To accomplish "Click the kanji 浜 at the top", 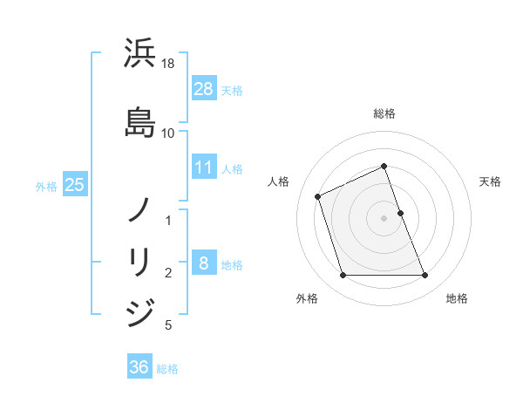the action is (x=139, y=53).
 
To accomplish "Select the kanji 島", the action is (x=139, y=120).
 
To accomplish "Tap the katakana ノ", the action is (x=139, y=209).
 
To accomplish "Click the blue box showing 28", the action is (x=203, y=89).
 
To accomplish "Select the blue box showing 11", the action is (x=203, y=167).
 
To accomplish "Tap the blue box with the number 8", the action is (x=203, y=263).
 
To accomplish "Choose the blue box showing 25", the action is (x=74, y=185).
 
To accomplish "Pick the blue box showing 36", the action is (x=139, y=367).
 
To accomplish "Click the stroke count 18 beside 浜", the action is (x=168, y=64).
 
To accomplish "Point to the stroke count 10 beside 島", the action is (x=168, y=133).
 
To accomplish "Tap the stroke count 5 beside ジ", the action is (x=168, y=325).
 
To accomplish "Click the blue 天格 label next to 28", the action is (x=232, y=90).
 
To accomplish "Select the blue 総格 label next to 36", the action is (x=167, y=368).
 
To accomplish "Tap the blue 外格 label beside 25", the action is (x=46, y=186).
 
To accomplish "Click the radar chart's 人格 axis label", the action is (x=279, y=181).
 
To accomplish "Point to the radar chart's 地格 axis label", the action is (x=457, y=298).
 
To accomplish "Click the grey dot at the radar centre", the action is (x=384, y=217).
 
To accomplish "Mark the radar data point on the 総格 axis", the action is (x=384, y=166).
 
